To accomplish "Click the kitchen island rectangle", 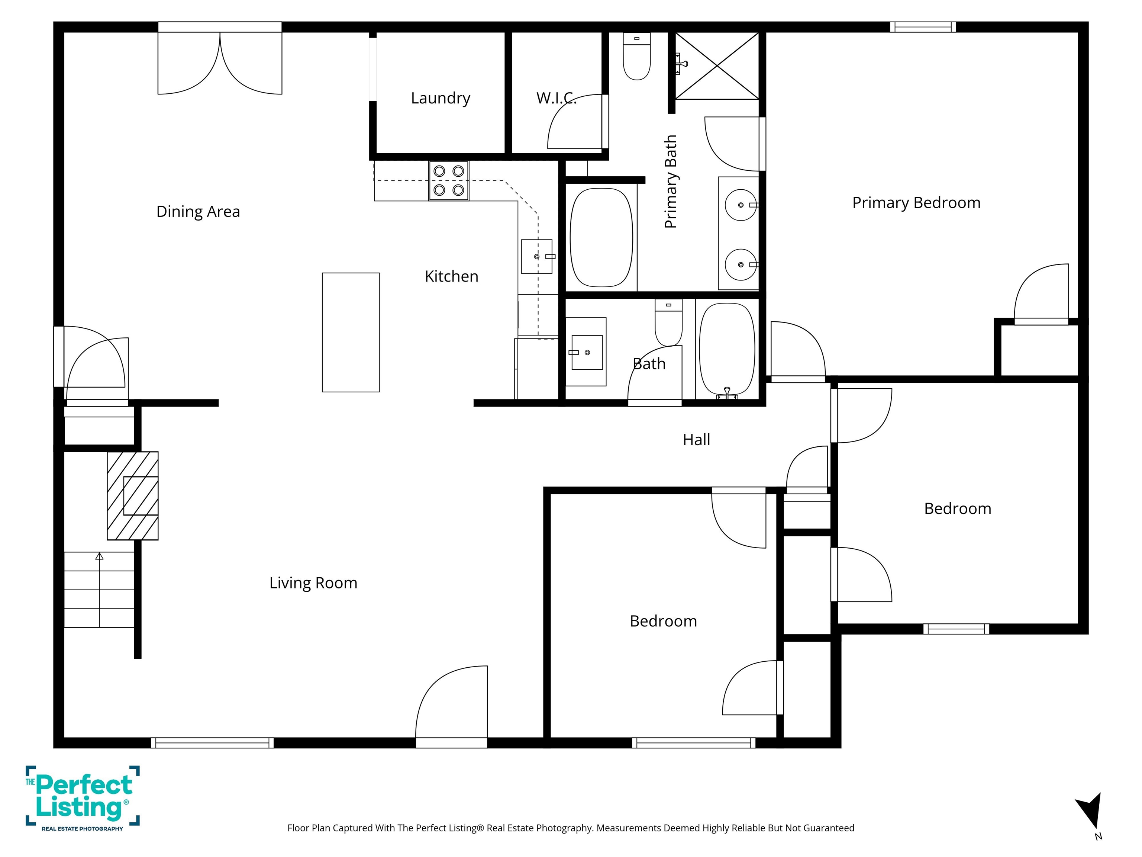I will [351, 332].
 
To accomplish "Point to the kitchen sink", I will [536, 256].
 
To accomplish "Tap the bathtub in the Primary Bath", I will [601, 238].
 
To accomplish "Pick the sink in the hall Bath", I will [587, 352].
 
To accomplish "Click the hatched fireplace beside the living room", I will [133, 496].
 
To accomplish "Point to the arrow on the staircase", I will [99, 556].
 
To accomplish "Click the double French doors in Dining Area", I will [220, 60].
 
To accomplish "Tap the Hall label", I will [696, 440].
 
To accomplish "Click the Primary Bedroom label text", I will [916, 202].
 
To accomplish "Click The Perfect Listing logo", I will [83, 799].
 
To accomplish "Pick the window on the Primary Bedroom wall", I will [923, 27].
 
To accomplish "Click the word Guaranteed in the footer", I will [829, 828].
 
